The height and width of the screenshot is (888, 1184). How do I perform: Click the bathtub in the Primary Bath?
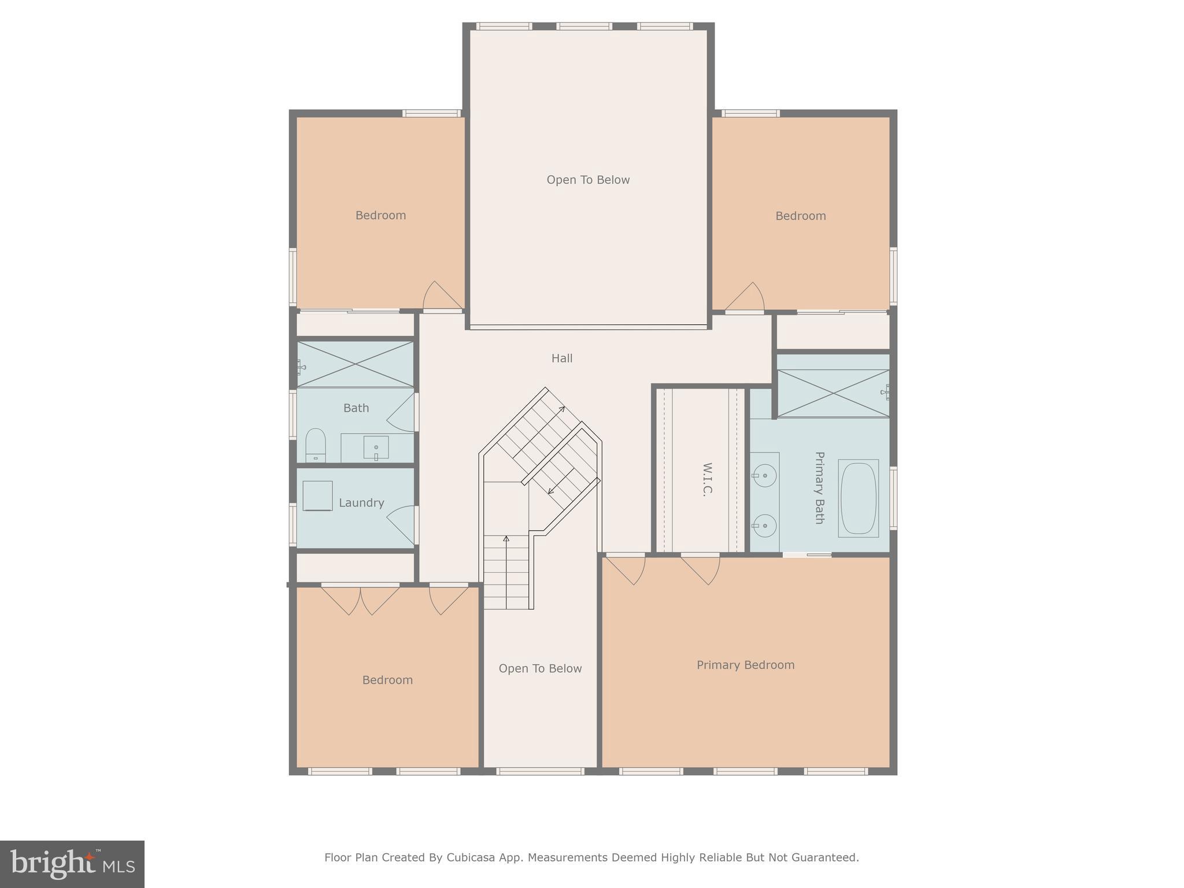[x=858, y=498]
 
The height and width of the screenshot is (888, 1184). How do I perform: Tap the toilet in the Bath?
[x=315, y=445]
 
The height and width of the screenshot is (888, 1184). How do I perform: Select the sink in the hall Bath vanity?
[x=376, y=447]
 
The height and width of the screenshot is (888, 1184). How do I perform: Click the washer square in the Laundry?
[x=317, y=496]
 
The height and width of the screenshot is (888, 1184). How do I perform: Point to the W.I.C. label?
[x=706, y=479]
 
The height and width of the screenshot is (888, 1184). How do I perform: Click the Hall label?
[x=561, y=358]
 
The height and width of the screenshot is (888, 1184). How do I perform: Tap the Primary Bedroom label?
[x=745, y=665]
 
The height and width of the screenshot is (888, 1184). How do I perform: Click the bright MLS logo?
[x=72, y=864]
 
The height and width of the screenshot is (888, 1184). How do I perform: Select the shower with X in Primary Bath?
[x=832, y=393]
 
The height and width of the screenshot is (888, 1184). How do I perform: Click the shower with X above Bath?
[x=355, y=364]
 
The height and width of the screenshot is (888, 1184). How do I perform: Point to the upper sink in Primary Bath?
[x=765, y=476]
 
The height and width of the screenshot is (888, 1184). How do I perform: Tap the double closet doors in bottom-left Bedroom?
[x=360, y=599]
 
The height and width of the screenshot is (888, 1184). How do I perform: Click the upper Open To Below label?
[x=587, y=180]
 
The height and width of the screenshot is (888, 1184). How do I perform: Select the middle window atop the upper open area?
[x=584, y=26]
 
